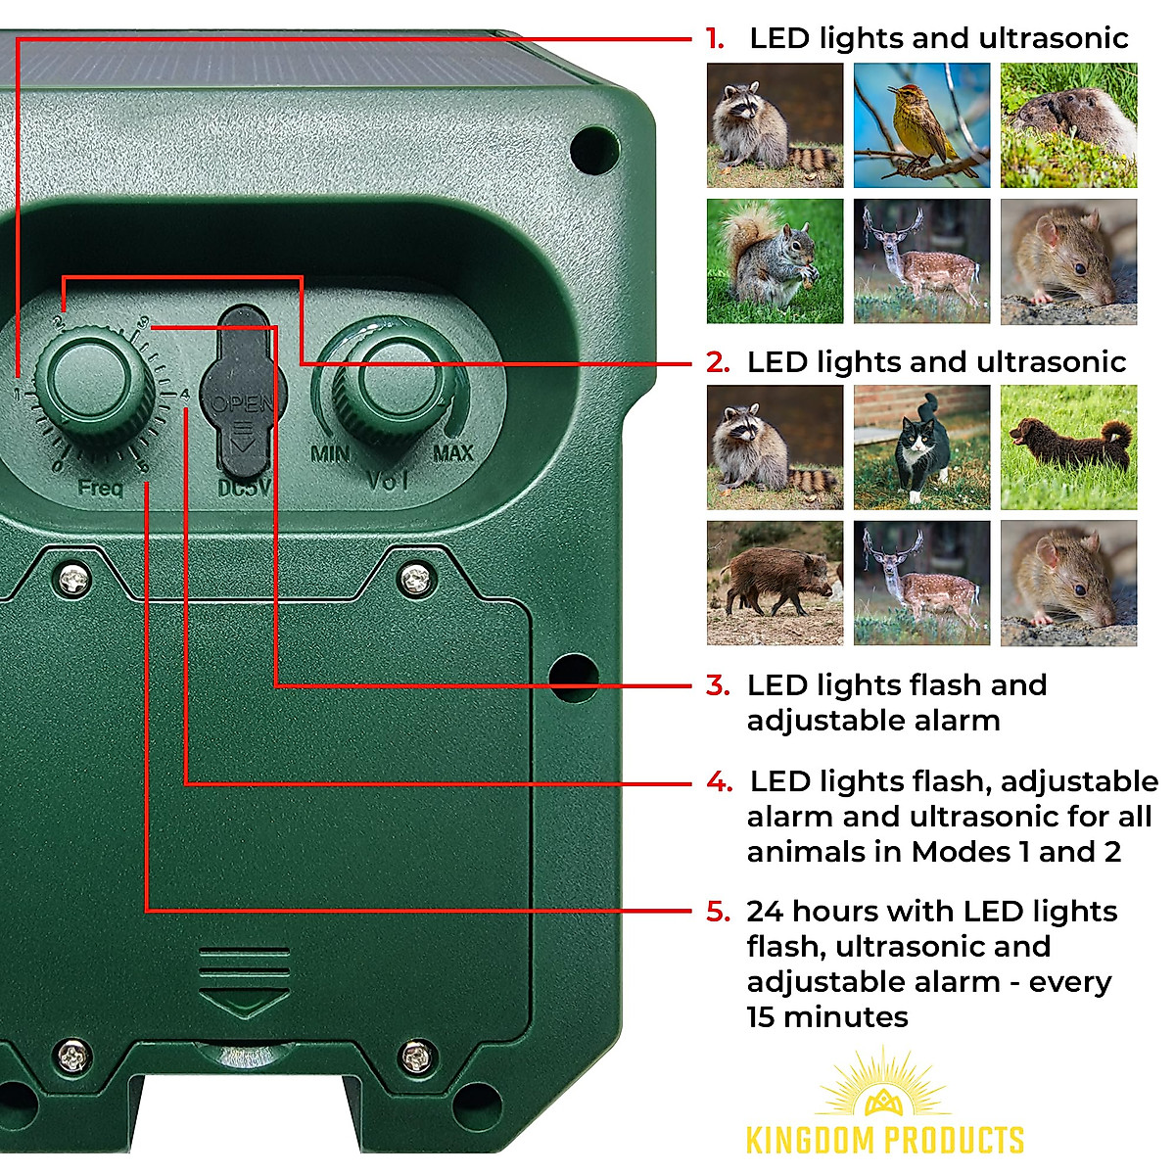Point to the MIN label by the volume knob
tap(330, 454)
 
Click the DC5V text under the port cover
tap(244, 487)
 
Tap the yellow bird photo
tap(921, 125)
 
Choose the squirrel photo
tap(775, 261)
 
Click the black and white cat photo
tap(921, 447)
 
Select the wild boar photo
tap(775, 583)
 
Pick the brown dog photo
tap(1068, 447)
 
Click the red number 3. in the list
tap(718, 685)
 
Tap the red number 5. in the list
tap(718, 912)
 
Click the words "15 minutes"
tap(827, 1017)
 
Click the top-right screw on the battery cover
tap(416, 578)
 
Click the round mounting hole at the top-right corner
tap(592, 150)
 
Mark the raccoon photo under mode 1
tap(775, 125)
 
